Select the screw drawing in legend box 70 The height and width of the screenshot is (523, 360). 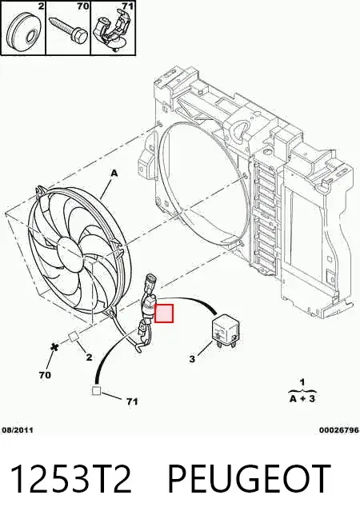[x=68, y=29]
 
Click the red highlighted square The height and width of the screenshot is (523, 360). [x=164, y=313]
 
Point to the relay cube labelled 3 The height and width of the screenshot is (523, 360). [x=227, y=331]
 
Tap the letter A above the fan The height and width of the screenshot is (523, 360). [x=114, y=174]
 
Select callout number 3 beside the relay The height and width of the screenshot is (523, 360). [x=192, y=359]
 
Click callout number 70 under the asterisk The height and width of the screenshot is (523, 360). [x=45, y=375]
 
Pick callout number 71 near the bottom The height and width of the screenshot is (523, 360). [x=132, y=401]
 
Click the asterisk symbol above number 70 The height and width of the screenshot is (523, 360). [x=54, y=347]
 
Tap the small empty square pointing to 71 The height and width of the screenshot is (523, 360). [x=97, y=390]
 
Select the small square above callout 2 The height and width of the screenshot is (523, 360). [x=73, y=337]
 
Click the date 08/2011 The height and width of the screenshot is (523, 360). [x=18, y=430]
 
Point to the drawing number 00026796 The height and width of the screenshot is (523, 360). [x=339, y=430]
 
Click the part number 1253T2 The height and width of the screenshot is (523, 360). [x=71, y=479]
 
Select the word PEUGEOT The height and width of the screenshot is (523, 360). [x=249, y=479]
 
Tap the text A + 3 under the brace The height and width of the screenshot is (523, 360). [x=302, y=398]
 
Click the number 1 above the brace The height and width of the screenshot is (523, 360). [x=302, y=382]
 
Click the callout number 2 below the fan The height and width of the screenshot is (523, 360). [x=89, y=357]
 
